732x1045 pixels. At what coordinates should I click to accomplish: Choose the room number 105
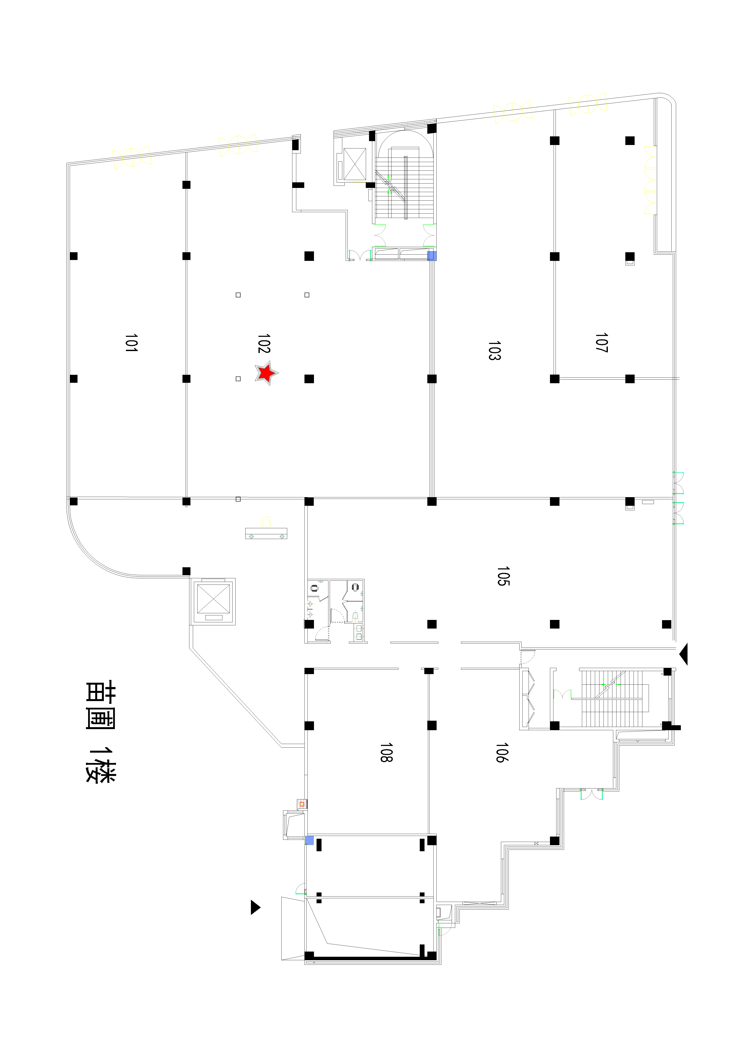click(x=503, y=576)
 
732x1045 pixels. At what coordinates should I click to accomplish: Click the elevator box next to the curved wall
click(x=213, y=601)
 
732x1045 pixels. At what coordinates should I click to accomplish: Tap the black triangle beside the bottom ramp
click(x=255, y=907)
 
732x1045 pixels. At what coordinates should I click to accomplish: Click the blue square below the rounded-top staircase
click(x=432, y=256)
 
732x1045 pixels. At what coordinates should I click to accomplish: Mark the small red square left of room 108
click(x=302, y=804)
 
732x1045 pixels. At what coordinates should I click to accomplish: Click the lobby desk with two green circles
click(x=266, y=533)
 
